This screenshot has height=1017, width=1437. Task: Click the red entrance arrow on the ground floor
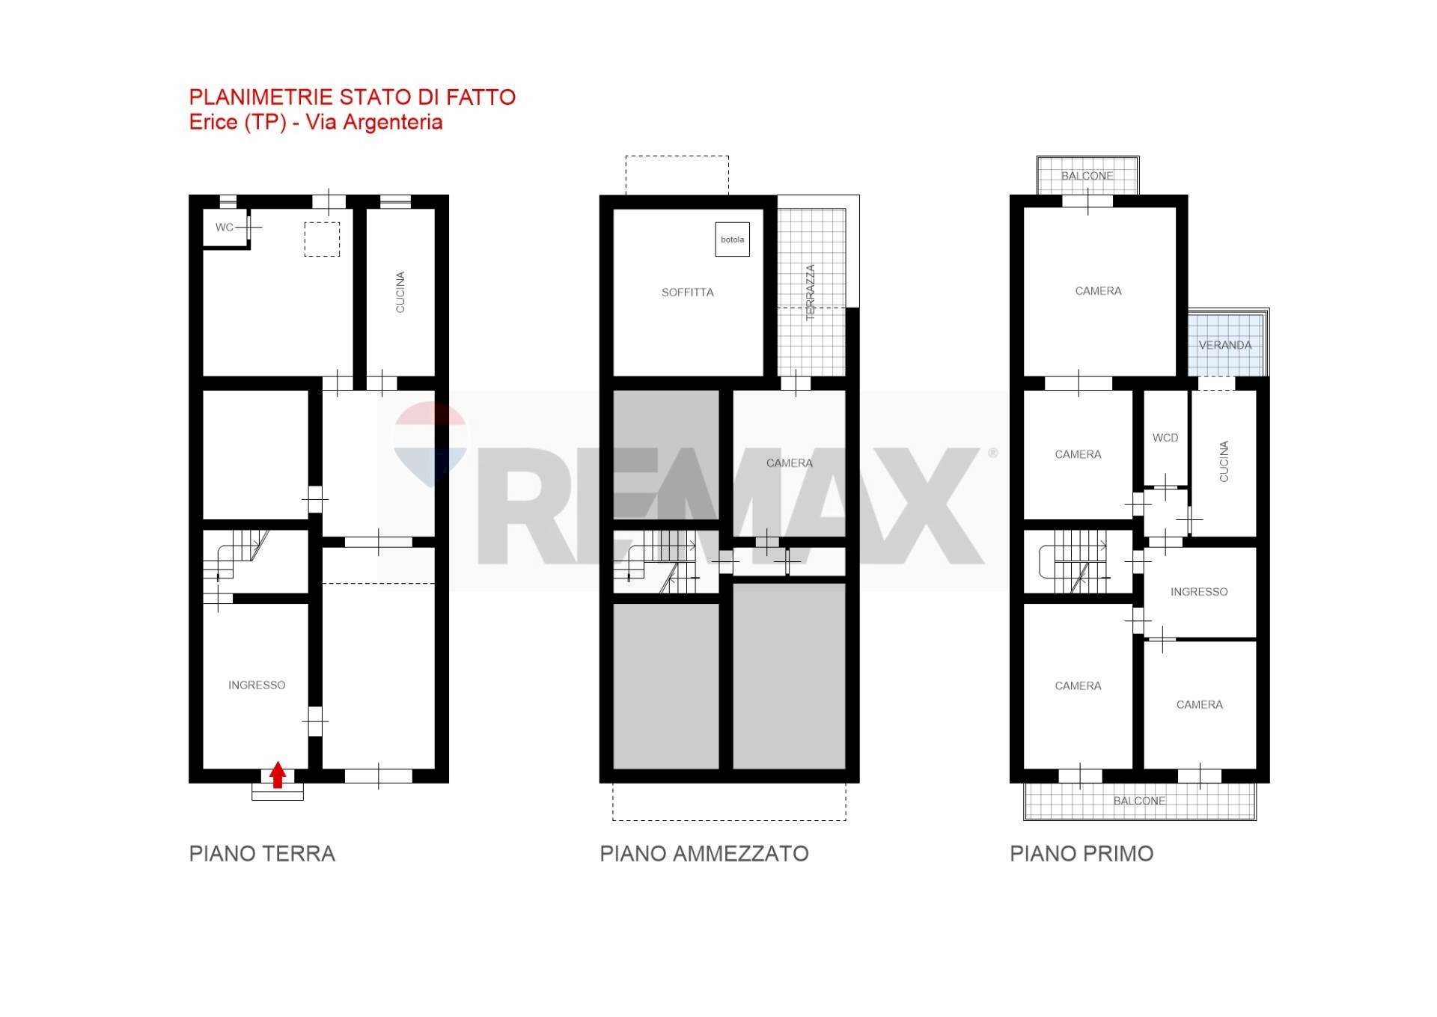pos(278,775)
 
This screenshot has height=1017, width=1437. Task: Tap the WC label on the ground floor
pos(224,227)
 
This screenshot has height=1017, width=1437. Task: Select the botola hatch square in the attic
pos(732,239)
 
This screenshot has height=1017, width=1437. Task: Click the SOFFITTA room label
pos(687,293)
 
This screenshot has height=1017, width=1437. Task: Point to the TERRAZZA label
pos(810,293)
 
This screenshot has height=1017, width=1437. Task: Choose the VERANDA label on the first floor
pos(1224,345)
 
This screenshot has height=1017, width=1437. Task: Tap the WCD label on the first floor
pos(1165,438)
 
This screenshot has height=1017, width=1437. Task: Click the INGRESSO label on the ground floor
pos(257,685)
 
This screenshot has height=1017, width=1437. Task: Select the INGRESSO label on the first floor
pos(1198,592)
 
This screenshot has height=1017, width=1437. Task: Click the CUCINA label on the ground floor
pos(400,292)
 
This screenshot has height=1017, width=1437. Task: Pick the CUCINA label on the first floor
pos(1224,461)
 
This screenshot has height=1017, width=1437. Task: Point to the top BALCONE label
pos(1087,176)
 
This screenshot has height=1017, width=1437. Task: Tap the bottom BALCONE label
pos(1138,801)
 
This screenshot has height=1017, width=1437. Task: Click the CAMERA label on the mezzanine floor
pos(789,463)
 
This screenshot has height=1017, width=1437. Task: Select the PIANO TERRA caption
pos(262,854)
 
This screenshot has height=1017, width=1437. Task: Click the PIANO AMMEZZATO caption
pos(704,854)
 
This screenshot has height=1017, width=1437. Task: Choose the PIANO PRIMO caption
pos(1081,854)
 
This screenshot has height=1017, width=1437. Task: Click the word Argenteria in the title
pos(392,122)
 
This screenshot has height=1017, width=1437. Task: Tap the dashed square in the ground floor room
pos(322,239)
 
